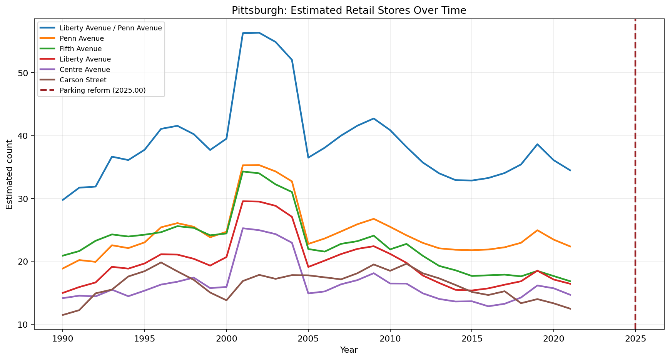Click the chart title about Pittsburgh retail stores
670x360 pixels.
tap(349, 10)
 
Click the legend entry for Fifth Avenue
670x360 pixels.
tap(80, 49)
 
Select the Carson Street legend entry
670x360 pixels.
tap(83, 80)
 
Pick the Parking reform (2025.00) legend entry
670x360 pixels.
tap(102, 90)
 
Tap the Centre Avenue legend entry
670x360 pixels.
tap(85, 70)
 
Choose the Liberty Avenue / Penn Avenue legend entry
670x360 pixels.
tap(110, 28)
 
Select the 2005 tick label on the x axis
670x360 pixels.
tap(308, 338)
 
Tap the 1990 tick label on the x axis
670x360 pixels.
tap(62, 338)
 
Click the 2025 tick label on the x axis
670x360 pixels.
tap(635, 338)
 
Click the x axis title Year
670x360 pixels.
tap(349, 350)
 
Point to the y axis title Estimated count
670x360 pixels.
tap(10, 174)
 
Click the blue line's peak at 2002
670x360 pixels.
tap(259, 33)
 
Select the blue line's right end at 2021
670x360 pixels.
tap(570, 170)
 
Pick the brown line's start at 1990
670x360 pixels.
tap(63, 315)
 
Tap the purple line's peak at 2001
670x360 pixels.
tap(242, 228)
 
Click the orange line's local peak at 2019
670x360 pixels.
tap(537, 230)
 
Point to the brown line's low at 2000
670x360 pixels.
tap(226, 300)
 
